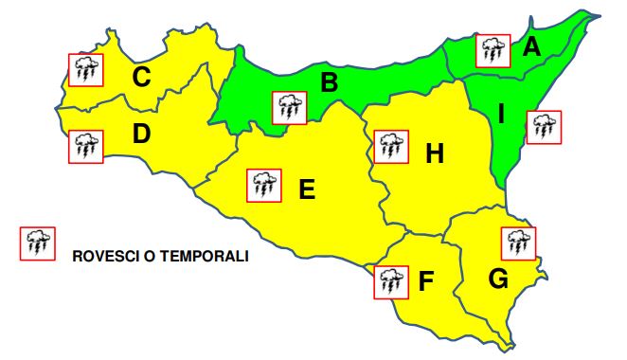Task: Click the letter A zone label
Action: point(531,45)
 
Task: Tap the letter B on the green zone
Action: point(329,82)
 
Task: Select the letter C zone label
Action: point(141,77)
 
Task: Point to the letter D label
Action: point(142,135)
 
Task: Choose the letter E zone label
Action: point(306,189)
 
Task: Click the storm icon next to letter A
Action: point(493,50)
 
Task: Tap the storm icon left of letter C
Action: point(86,68)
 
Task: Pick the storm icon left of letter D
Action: point(86,145)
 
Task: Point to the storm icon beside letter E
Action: point(262,184)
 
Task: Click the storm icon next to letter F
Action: point(388,281)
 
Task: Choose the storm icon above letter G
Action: point(519,243)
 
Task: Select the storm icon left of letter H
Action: point(389,147)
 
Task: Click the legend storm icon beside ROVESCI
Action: point(38,243)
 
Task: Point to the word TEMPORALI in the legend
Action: point(206,256)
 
